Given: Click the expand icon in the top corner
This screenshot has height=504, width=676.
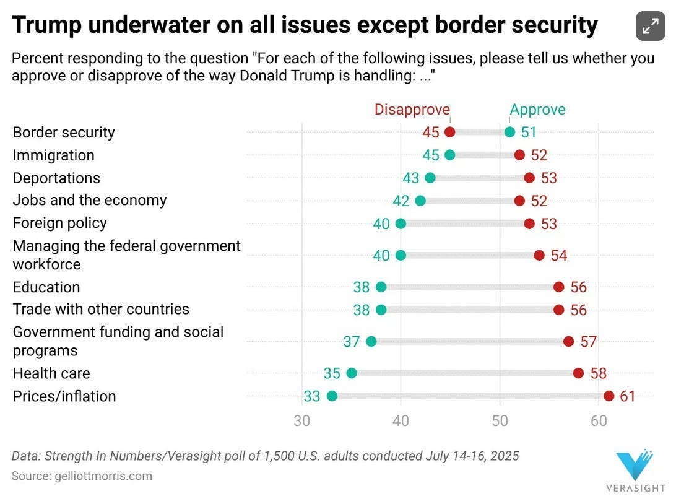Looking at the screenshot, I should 650,26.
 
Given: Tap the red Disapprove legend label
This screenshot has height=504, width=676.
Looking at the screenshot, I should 412,110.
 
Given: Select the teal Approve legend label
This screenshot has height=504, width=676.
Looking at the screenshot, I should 537,110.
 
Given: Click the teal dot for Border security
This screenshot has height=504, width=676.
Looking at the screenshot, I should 509,132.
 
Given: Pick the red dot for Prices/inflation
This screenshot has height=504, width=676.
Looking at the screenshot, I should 609,396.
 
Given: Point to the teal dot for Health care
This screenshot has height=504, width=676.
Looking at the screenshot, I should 352,373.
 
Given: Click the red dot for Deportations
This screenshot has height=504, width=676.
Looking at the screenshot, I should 529,178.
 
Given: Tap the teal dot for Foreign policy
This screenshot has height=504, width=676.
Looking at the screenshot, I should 401,224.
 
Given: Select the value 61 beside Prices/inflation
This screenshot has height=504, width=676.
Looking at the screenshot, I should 628,396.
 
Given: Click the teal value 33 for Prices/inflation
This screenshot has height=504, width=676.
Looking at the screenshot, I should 312,396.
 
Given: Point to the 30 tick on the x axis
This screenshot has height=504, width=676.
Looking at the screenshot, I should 302,421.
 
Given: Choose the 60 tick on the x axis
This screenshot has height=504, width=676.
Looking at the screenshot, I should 599,421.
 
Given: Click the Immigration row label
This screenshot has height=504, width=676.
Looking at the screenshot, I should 54,155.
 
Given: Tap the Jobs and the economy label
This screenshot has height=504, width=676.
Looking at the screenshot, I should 90,200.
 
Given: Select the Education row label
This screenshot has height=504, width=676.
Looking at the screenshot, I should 46,287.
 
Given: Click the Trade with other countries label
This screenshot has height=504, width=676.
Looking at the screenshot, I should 101,309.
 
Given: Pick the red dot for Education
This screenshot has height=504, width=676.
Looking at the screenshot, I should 559,287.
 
